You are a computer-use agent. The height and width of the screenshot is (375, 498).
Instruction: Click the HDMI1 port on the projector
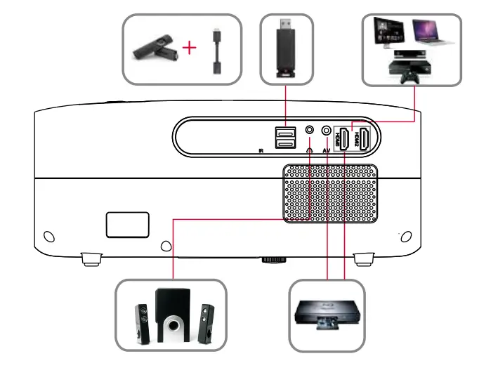tap(343, 138)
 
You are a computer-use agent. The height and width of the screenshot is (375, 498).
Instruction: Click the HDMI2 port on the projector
tap(364, 138)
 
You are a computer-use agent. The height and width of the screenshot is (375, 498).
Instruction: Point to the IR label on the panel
tap(261, 150)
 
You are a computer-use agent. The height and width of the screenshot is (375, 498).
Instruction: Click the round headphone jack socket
tap(310, 130)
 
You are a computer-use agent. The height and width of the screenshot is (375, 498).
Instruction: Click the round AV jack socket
tap(326, 130)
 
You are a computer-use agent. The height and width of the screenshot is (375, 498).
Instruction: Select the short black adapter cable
tap(218, 53)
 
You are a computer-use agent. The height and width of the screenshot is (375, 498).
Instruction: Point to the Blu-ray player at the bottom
tap(327, 315)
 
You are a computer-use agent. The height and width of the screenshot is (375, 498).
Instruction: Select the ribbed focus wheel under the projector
tap(274, 260)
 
